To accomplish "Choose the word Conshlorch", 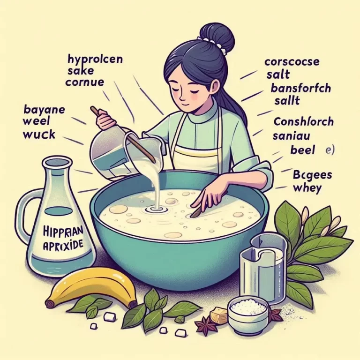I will [303, 122].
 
